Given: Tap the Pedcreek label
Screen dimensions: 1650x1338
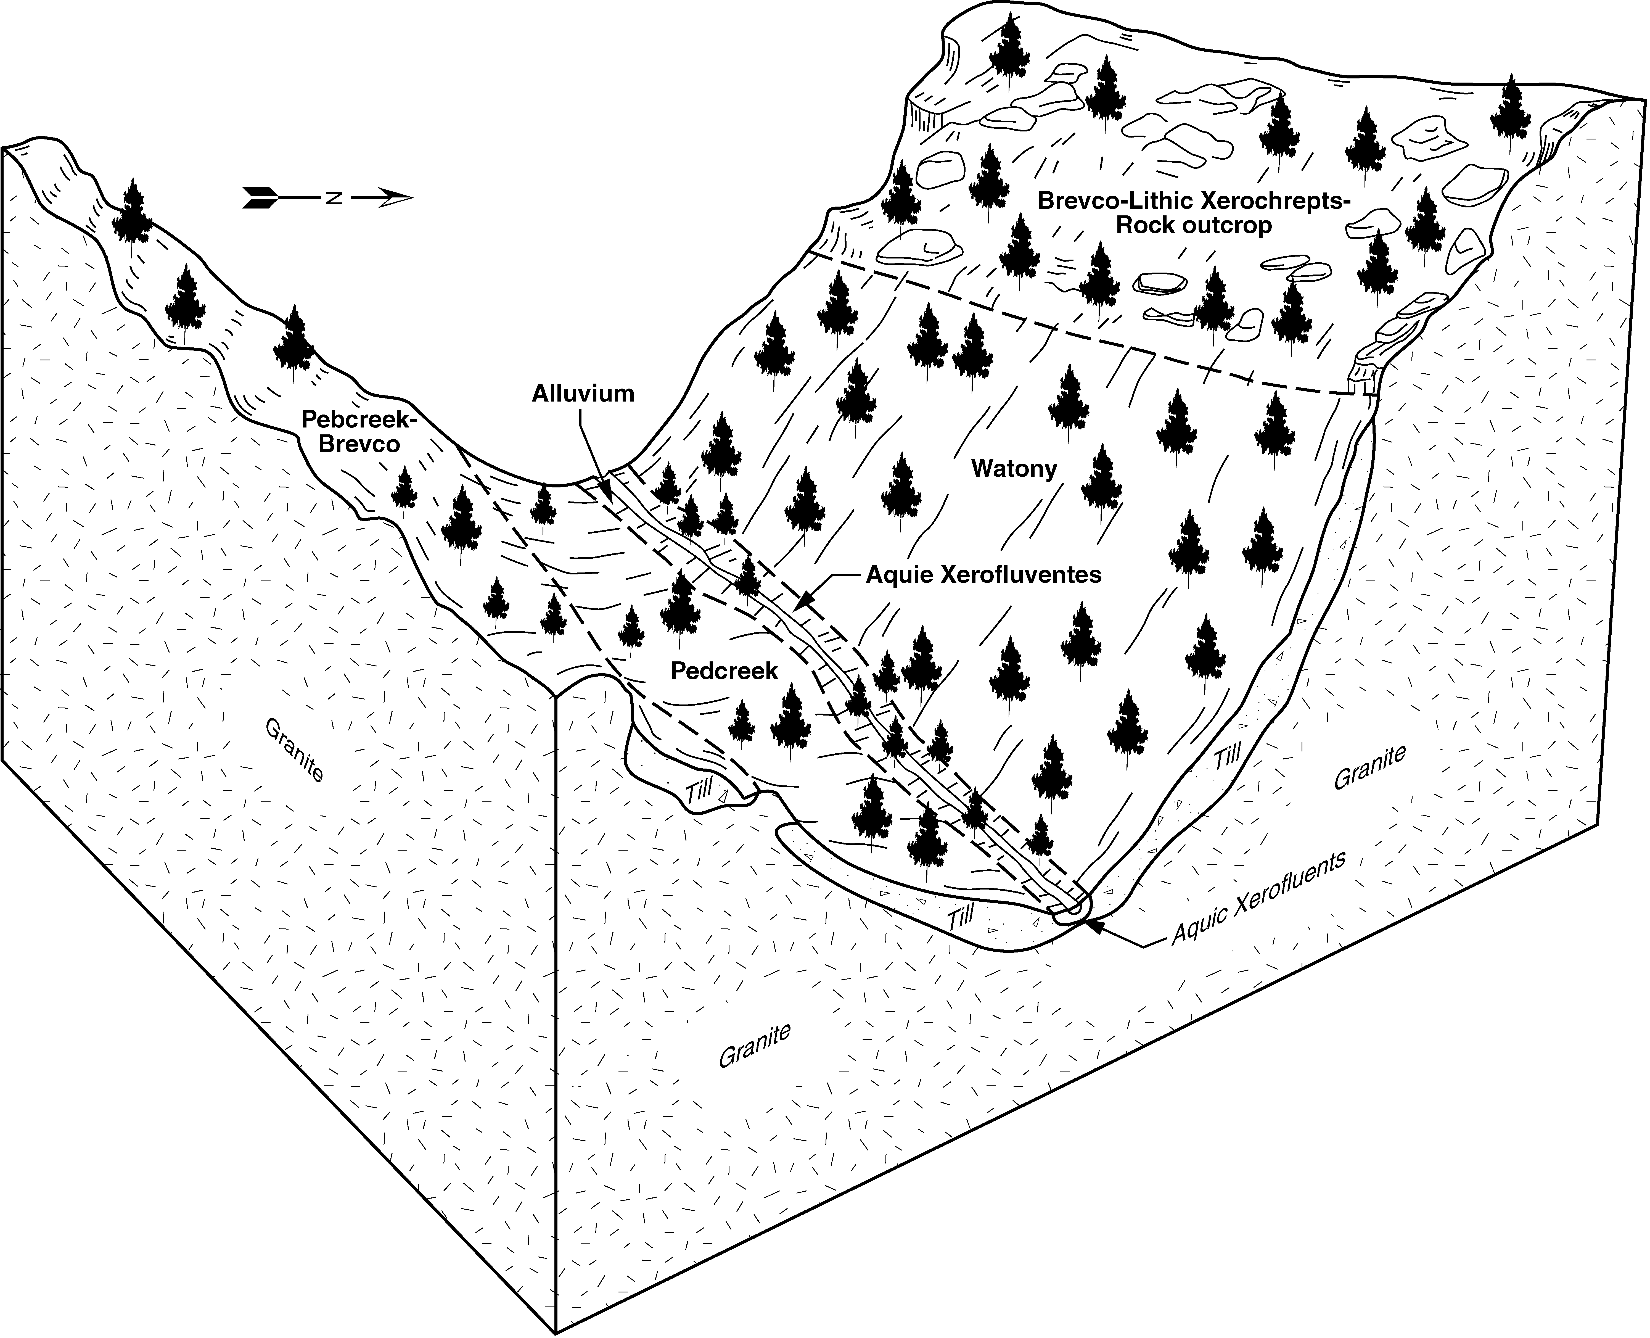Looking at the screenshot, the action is [x=724, y=671].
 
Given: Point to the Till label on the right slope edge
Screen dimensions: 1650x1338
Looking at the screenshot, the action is [x=1228, y=754].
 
